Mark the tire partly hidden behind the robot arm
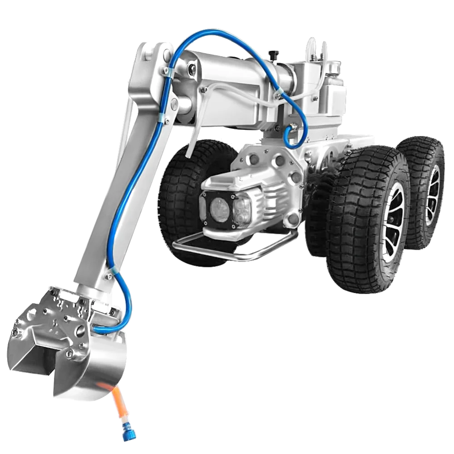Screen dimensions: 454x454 pyautogui.click(x=182, y=191)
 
